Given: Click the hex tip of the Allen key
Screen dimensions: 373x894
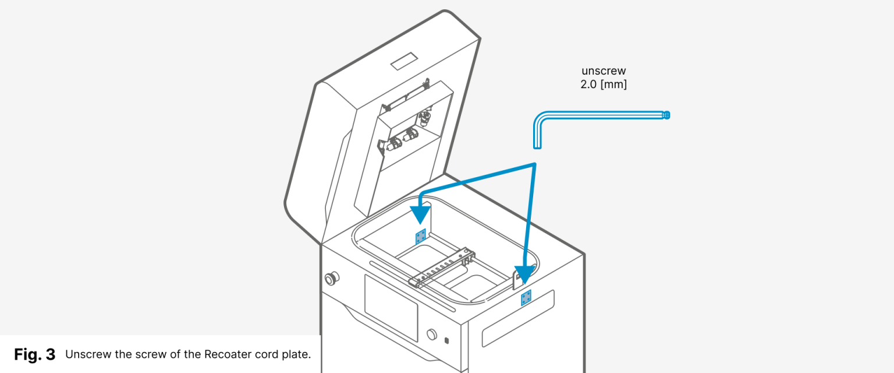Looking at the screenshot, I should pyautogui.click(x=666, y=115).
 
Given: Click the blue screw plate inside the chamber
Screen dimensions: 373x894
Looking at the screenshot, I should pyautogui.click(x=420, y=237).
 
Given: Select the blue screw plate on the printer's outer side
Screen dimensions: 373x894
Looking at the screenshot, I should pyautogui.click(x=526, y=297).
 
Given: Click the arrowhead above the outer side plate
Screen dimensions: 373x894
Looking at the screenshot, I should pyautogui.click(x=526, y=275).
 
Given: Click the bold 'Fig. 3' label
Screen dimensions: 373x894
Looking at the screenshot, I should pyautogui.click(x=34, y=354).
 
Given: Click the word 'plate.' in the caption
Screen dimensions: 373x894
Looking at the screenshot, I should pyautogui.click(x=303, y=354).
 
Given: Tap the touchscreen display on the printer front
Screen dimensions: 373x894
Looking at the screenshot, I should pyautogui.click(x=391, y=307).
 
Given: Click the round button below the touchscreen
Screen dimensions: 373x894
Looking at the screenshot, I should pyautogui.click(x=431, y=335).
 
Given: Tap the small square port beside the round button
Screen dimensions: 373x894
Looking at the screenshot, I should pyautogui.click(x=446, y=340).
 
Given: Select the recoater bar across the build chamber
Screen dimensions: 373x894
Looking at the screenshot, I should pyautogui.click(x=442, y=269).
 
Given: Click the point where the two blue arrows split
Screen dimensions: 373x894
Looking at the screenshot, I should pyautogui.click(x=534, y=165).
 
